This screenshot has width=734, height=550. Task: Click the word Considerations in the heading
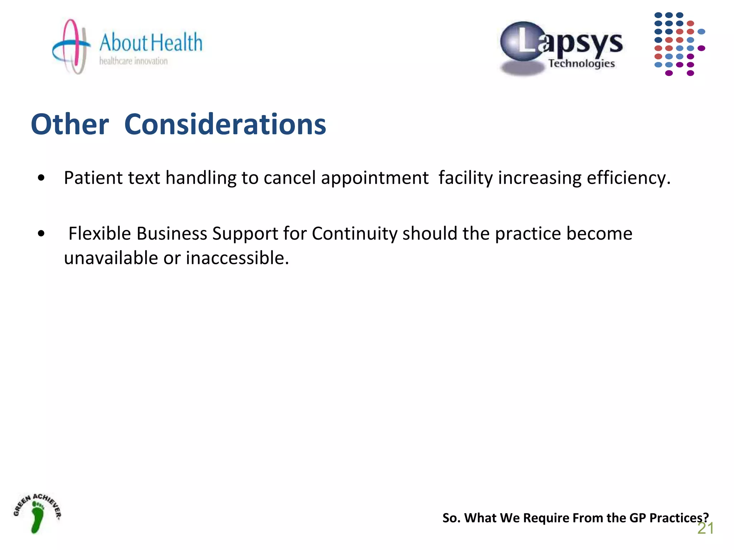tap(225, 124)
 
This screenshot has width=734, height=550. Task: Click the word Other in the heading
tap(70, 124)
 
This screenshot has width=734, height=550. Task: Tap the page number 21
tap(705, 529)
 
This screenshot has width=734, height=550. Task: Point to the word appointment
tap(375, 178)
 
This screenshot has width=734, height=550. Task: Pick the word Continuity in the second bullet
tap(354, 233)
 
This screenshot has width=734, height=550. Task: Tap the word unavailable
tap(111, 258)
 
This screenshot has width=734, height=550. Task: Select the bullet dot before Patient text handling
tap(41, 178)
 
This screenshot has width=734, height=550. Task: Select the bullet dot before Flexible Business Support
tap(41, 233)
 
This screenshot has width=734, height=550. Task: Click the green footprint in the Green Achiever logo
tap(37, 517)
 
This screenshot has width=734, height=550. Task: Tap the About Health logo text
tap(151, 43)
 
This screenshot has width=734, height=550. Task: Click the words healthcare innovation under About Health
tap(133, 61)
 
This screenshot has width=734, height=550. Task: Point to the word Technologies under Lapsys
tap(581, 64)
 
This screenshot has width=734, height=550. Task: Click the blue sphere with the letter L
tap(523, 42)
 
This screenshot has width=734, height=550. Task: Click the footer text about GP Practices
tap(575, 518)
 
